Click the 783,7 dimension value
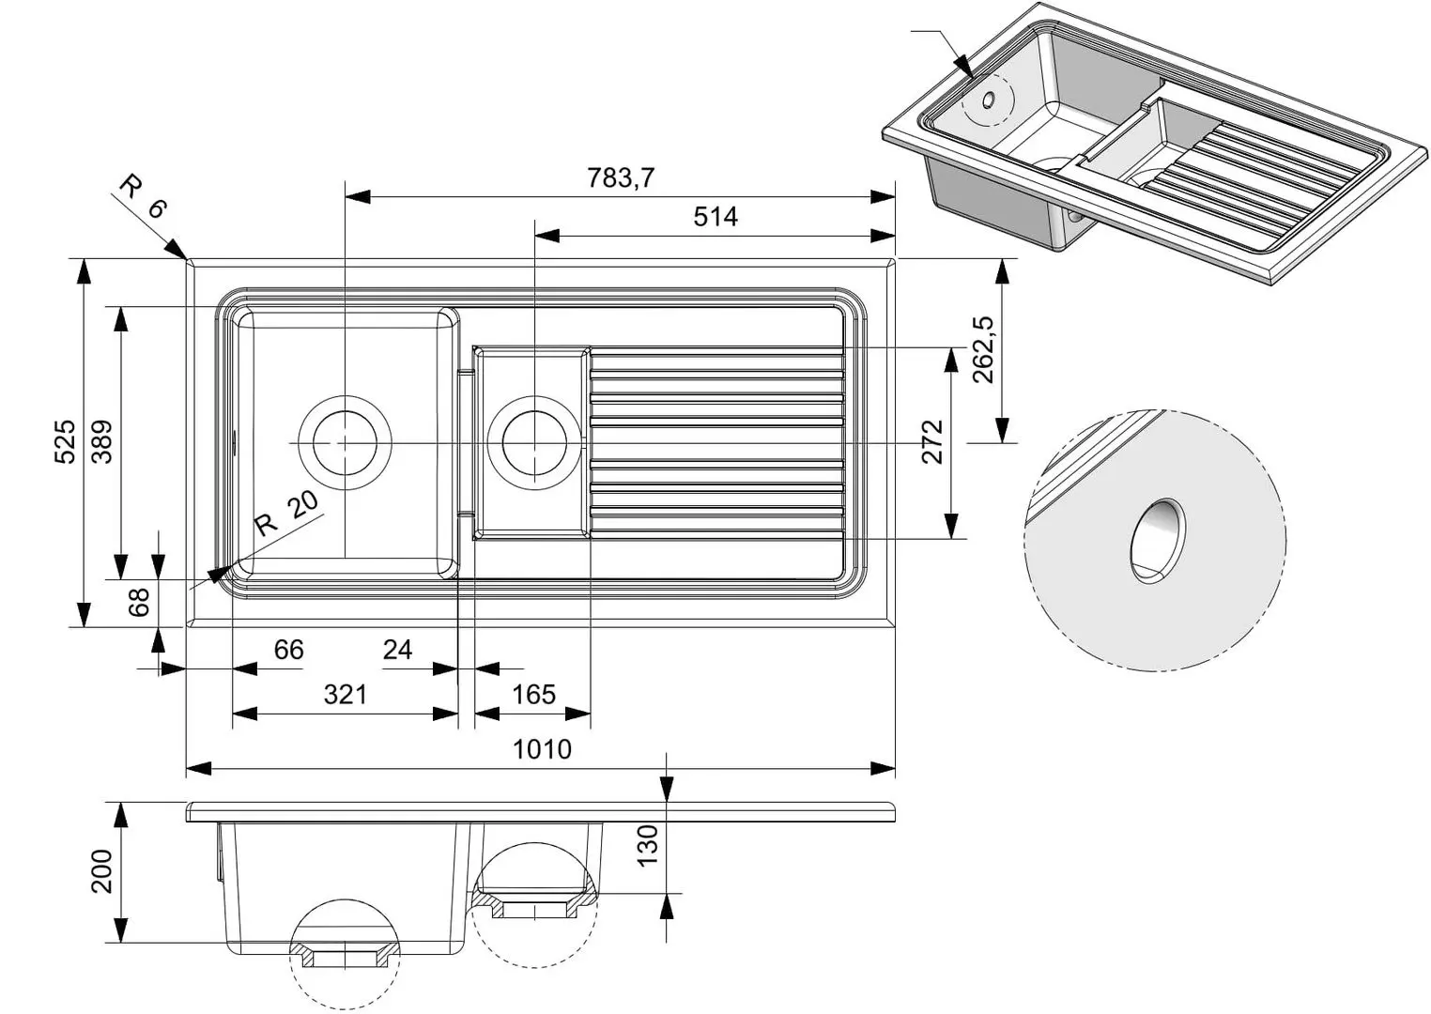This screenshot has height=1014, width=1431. click(621, 177)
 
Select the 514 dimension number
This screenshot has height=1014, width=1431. click(715, 217)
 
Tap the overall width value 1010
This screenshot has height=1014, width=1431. click(542, 749)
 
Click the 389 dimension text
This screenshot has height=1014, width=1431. click(102, 442)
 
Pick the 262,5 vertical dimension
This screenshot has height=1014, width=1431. click(983, 349)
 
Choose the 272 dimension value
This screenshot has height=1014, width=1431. click(932, 442)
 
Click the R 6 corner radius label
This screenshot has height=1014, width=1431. click(143, 196)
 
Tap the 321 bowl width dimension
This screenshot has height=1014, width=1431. click(346, 695)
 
